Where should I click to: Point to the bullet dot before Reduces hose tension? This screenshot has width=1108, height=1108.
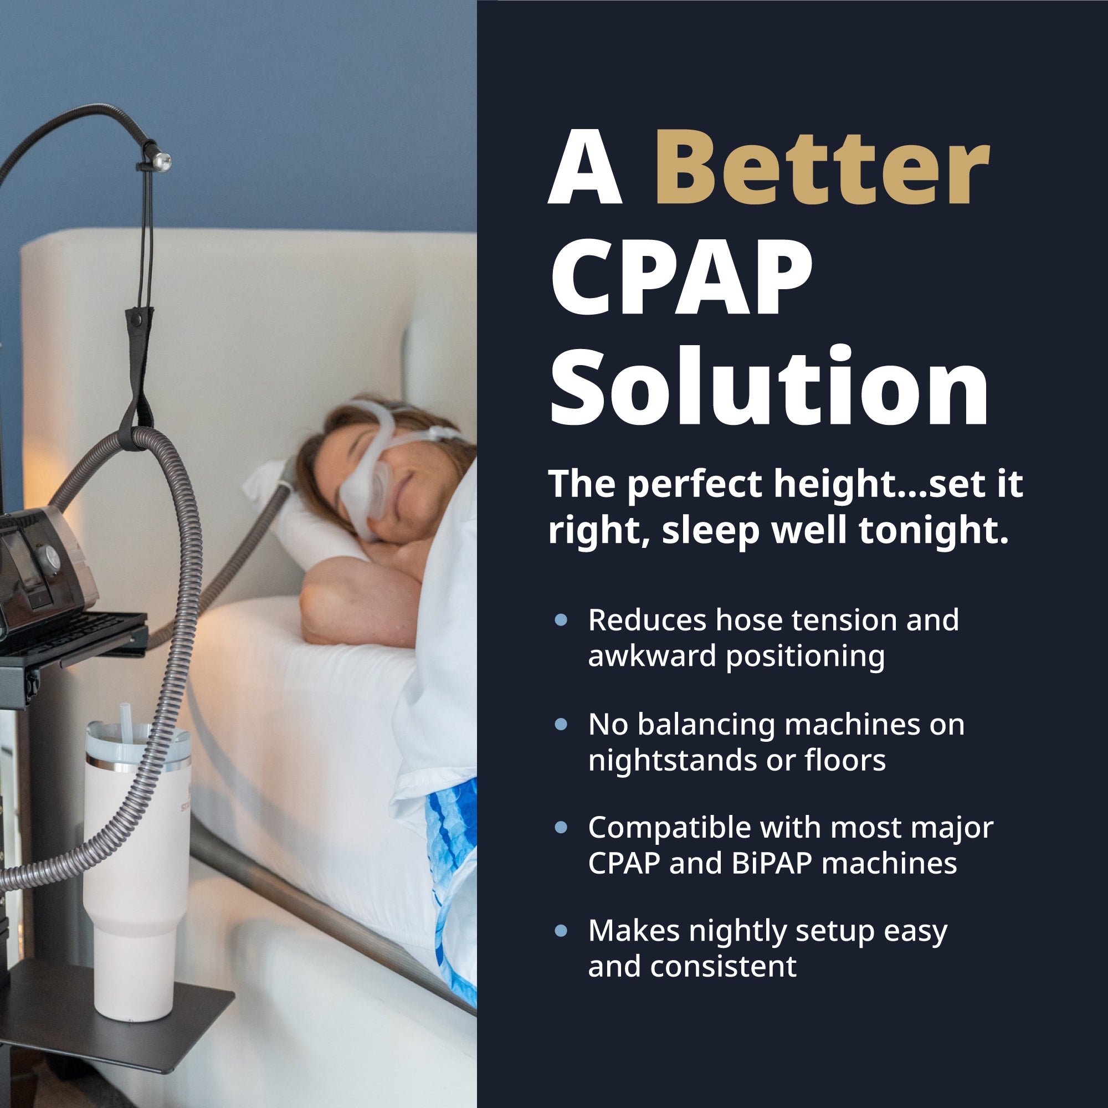[x=561, y=620]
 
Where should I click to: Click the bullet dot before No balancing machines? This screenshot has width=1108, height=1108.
[x=561, y=724]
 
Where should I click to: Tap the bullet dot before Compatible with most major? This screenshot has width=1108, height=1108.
[x=561, y=828]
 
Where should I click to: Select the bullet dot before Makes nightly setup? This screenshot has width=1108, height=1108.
[x=561, y=931]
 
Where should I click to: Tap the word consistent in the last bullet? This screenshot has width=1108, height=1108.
[x=723, y=966]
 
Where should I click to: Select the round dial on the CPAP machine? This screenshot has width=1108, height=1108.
[x=47, y=556]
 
